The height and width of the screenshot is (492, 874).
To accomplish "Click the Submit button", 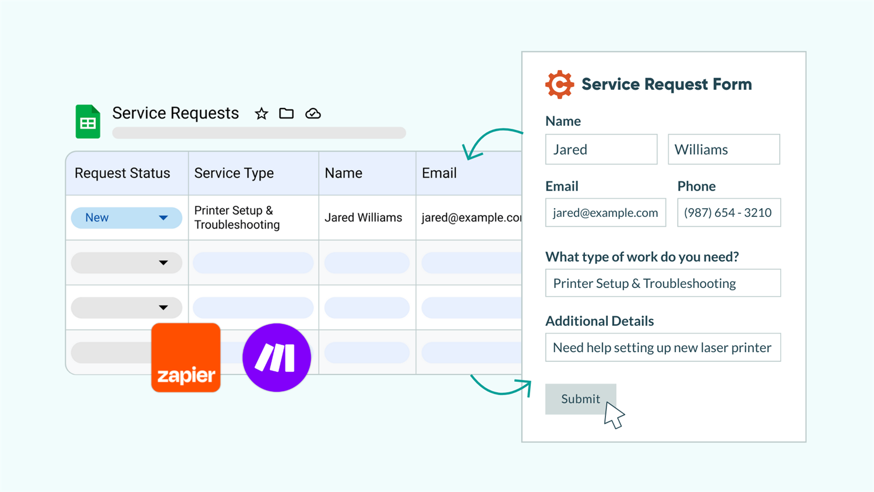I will [580, 399].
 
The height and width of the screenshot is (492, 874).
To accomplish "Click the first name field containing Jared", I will [601, 149].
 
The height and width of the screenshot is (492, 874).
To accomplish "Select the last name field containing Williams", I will [723, 149].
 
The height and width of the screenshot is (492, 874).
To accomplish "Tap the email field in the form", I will [605, 213].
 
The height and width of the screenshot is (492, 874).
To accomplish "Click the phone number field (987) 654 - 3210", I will [728, 213].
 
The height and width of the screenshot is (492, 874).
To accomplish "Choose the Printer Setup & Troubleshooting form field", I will [662, 283].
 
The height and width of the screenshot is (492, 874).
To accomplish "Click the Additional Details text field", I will [662, 347].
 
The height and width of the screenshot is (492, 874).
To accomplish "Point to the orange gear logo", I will [559, 85].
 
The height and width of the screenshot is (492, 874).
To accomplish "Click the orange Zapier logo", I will [186, 357].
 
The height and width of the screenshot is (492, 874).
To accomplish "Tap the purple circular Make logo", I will [277, 357].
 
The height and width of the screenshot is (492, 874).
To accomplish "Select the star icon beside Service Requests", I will [262, 114].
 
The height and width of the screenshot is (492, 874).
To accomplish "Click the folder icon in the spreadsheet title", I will [286, 114].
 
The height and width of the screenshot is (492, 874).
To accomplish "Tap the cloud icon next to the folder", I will [313, 114].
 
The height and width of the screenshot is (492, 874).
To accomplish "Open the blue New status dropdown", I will [126, 217].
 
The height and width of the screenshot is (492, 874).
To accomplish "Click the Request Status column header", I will [122, 173].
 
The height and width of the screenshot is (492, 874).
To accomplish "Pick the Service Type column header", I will [234, 173].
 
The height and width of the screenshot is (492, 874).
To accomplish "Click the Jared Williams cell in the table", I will [363, 217].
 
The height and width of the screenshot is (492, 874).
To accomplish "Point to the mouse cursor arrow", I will [613, 414].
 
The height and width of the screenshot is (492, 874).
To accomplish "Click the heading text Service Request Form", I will [666, 85].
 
